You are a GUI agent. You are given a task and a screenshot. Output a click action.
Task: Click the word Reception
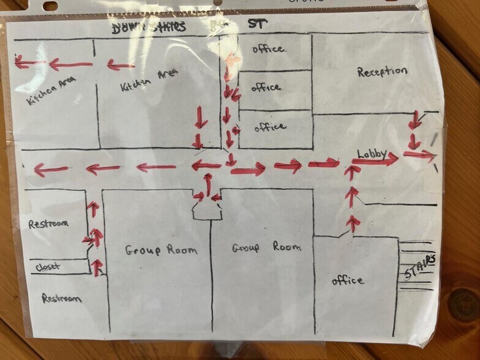coord(382,72)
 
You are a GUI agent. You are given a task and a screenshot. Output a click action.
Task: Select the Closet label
coord(48,267)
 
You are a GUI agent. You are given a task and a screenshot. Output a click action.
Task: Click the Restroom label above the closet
coord(48,224)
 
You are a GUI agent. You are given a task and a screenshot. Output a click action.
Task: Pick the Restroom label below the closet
coord(61,298)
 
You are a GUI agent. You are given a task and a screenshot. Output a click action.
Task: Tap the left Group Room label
coord(161,250)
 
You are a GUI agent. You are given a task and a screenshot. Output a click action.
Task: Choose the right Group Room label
coord(266,247)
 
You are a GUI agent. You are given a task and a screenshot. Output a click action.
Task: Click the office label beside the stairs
coord(348,280)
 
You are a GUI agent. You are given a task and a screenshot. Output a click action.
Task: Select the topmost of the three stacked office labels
coord(268,49)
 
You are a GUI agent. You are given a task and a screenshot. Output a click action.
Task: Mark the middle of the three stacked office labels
coord(266,88)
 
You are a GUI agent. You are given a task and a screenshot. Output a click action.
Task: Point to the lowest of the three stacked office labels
coord(270,127)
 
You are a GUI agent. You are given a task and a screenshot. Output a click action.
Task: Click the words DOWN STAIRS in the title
coord(149,27)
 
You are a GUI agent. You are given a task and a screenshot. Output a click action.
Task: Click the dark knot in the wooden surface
coord(463,304)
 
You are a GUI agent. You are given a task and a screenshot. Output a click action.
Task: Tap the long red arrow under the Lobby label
coord(375,161)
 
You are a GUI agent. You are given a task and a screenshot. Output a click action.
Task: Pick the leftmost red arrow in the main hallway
coord(51,170)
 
